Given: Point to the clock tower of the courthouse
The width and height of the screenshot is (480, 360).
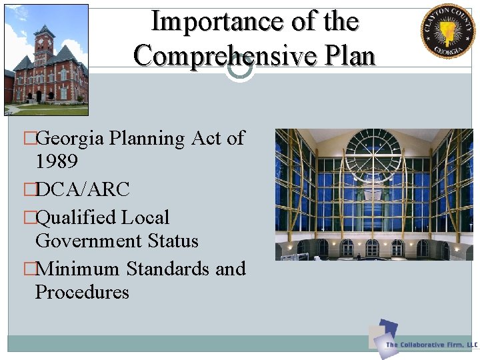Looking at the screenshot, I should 44,44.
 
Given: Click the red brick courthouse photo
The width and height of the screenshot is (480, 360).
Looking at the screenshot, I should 46,60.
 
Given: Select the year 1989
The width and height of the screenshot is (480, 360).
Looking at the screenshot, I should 57,162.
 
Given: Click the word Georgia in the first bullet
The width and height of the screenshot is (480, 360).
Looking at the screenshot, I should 70,138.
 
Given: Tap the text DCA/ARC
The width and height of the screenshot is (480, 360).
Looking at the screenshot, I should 82,189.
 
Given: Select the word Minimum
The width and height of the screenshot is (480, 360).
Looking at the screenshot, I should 78,269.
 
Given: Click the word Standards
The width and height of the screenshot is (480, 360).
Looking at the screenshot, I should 168,269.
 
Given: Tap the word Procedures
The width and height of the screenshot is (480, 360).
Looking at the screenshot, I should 82,292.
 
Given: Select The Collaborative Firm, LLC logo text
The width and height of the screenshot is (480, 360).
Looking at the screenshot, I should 431,345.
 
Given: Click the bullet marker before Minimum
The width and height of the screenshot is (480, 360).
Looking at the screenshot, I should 29,269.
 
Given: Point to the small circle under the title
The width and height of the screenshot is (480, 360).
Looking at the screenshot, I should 239,68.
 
